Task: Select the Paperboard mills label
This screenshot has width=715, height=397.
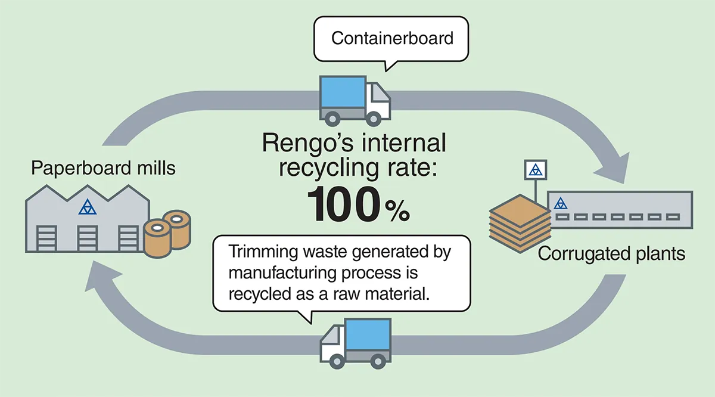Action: (x=104, y=168)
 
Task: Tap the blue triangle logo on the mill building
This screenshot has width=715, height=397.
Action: (x=88, y=207)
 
